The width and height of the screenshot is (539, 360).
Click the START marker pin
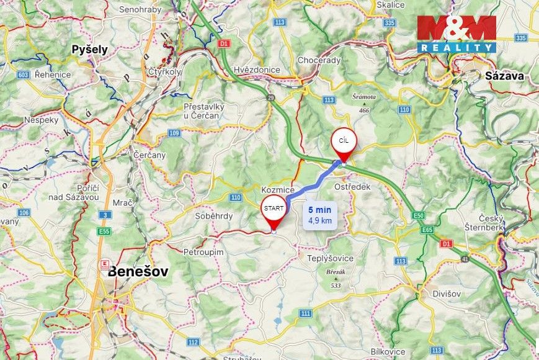[274, 209]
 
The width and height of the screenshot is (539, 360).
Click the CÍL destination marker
[344, 142]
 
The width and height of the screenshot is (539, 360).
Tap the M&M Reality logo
[457, 34]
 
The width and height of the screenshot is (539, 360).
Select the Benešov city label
[138, 271]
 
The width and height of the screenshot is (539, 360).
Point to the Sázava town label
[505, 76]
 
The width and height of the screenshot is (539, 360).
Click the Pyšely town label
[89, 49]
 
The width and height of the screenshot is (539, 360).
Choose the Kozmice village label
[276, 187]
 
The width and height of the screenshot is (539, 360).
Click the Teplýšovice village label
[331, 258]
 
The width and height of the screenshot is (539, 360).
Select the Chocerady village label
[319, 60]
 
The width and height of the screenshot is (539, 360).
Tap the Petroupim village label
[203, 252]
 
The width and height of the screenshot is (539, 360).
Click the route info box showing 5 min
[320, 214]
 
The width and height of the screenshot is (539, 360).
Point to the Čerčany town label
[149, 155]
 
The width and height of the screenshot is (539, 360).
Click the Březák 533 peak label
[336, 277]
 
